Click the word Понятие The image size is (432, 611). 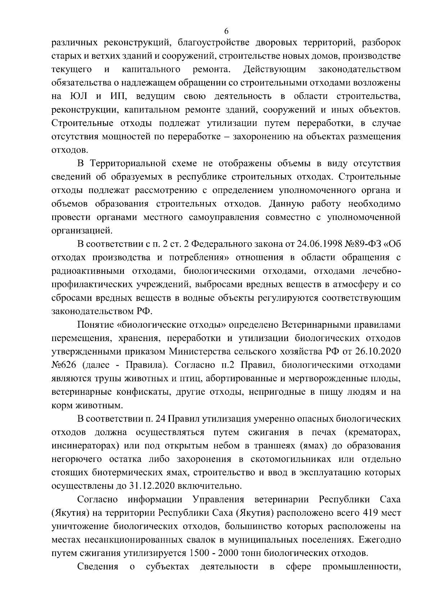tap(95, 325)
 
